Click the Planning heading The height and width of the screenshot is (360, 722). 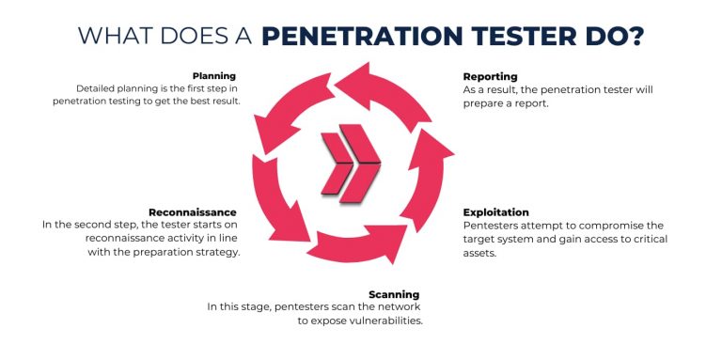[214, 75]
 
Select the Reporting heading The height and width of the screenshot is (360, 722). [490, 76]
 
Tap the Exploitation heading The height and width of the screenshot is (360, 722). [496, 212]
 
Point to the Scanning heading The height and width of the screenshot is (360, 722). [394, 294]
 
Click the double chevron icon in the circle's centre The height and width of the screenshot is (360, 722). [350, 167]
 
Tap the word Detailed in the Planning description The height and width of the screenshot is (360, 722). [98, 88]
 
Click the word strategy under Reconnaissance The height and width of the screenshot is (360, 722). [215, 252]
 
